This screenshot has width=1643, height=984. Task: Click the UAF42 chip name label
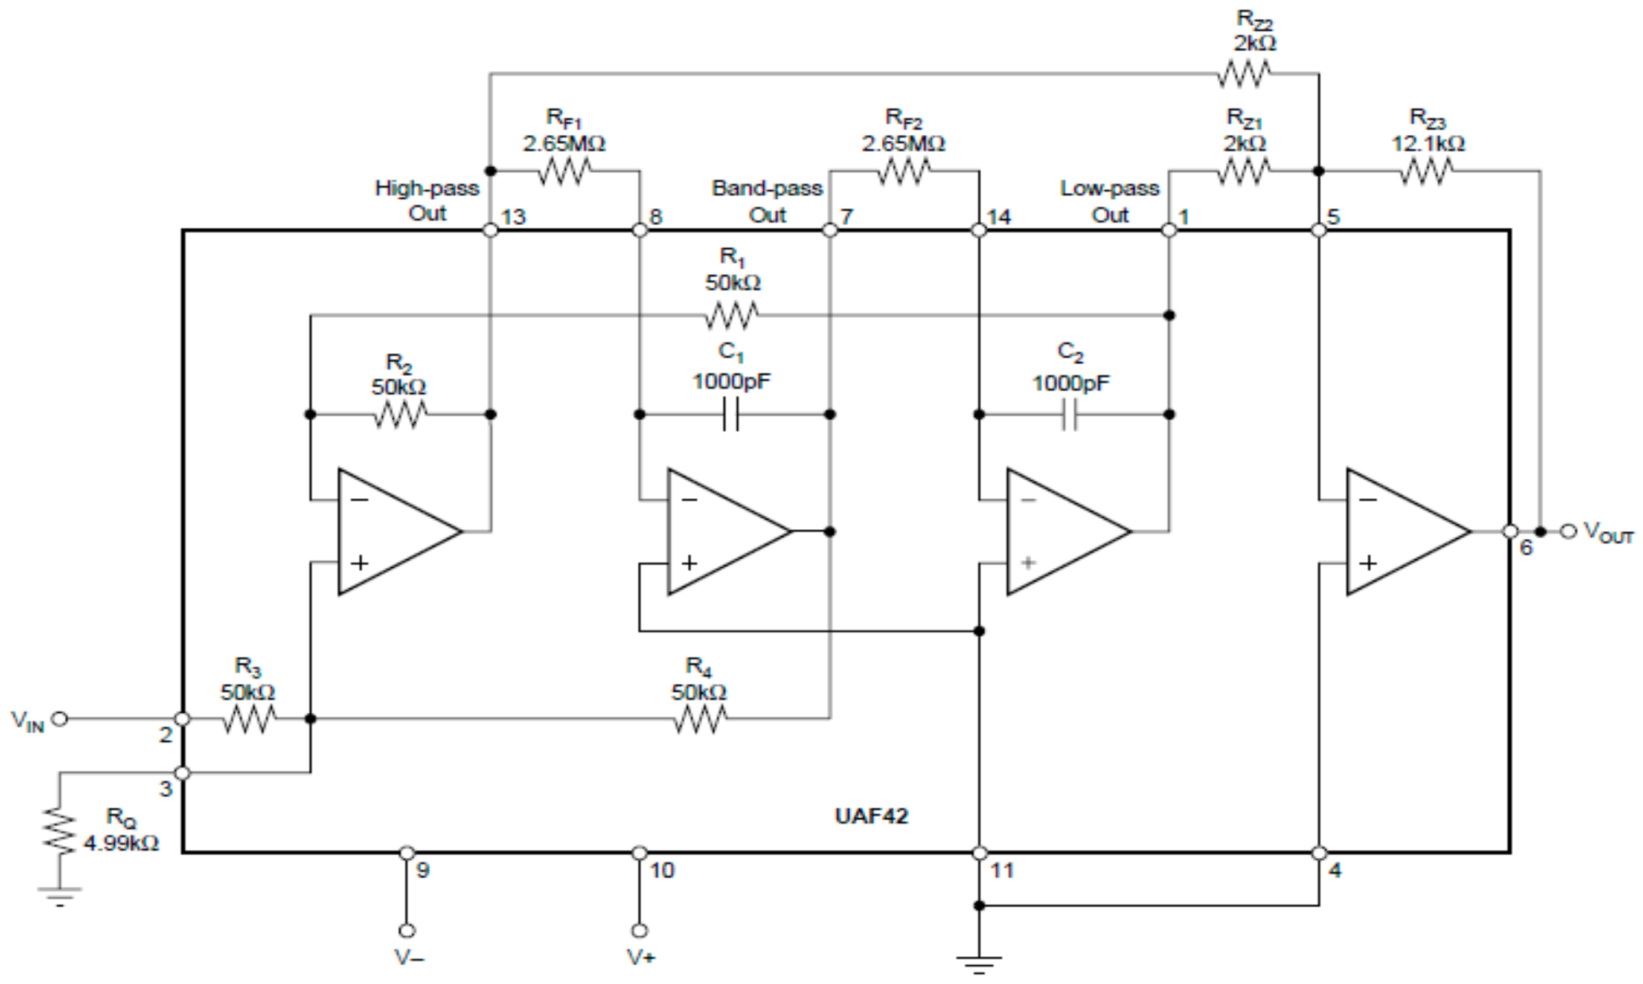pyautogui.click(x=871, y=815)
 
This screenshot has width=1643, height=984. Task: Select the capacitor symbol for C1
pyautogui.click(x=731, y=415)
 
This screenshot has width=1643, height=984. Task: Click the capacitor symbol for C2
pyautogui.click(x=1070, y=415)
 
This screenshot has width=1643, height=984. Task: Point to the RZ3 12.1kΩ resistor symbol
pyautogui.click(x=1426, y=172)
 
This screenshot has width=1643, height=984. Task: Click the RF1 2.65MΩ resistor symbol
pyautogui.click(x=564, y=172)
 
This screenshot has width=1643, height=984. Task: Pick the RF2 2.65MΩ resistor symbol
pyautogui.click(x=903, y=172)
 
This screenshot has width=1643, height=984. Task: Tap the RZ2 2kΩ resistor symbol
pyautogui.click(x=1243, y=74)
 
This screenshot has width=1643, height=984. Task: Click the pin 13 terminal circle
pyautogui.click(x=490, y=230)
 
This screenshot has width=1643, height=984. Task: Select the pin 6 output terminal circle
pyautogui.click(x=1510, y=531)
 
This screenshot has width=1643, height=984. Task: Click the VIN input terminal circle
pyautogui.click(x=60, y=719)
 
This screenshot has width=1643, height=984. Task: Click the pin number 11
pyautogui.click(x=1002, y=870)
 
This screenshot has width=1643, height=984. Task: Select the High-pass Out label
pyautogui.click(x=427, y=201)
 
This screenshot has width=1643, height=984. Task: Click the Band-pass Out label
pyautogui.click(x=767, y=201)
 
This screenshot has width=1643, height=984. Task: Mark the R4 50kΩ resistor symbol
pyautogui.click(x=700, y=719)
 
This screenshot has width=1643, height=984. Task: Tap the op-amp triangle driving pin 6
pyautogui.click(x=1401, y=531)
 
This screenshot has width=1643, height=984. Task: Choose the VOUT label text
pyautogui.click(x=1608, y=532)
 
